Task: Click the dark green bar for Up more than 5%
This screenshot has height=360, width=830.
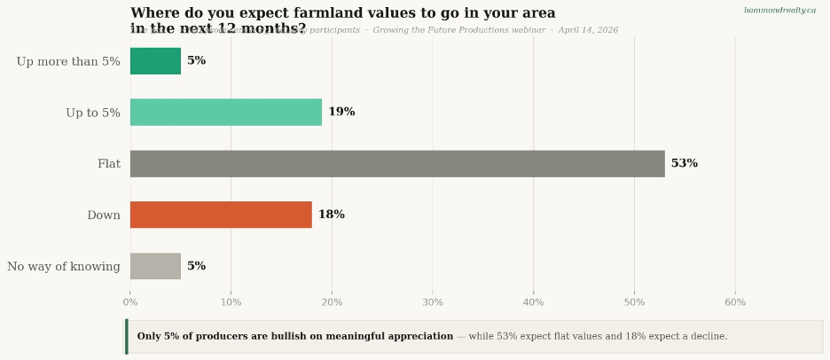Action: (155, 61)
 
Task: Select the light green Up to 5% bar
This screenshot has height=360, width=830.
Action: (225, 113)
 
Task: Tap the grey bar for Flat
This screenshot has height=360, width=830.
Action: (397, 164)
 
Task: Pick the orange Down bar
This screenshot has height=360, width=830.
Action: (221, 215)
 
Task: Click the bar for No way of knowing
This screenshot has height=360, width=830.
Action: (155, 266)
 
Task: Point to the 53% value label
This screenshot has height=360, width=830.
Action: (684, 164)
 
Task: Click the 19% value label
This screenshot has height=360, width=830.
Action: (341, 113)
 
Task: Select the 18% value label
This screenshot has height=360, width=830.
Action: (331, 215)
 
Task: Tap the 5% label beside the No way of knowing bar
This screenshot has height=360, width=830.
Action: (196, 266)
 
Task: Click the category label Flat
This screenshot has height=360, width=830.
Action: (108, 164)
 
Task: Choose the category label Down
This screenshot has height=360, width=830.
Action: (103, 215)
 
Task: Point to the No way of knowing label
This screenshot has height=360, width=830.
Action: (64, 267)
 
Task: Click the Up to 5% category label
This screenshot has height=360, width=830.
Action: (92, 113)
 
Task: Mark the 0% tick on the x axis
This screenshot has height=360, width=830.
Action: (130, 302)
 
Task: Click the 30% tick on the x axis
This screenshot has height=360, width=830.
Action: (433, 302)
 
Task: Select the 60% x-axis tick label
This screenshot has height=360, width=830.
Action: (735, 302)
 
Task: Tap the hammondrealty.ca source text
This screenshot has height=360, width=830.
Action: (779, 11)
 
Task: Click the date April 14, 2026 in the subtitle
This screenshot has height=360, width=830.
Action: (588, 30)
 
